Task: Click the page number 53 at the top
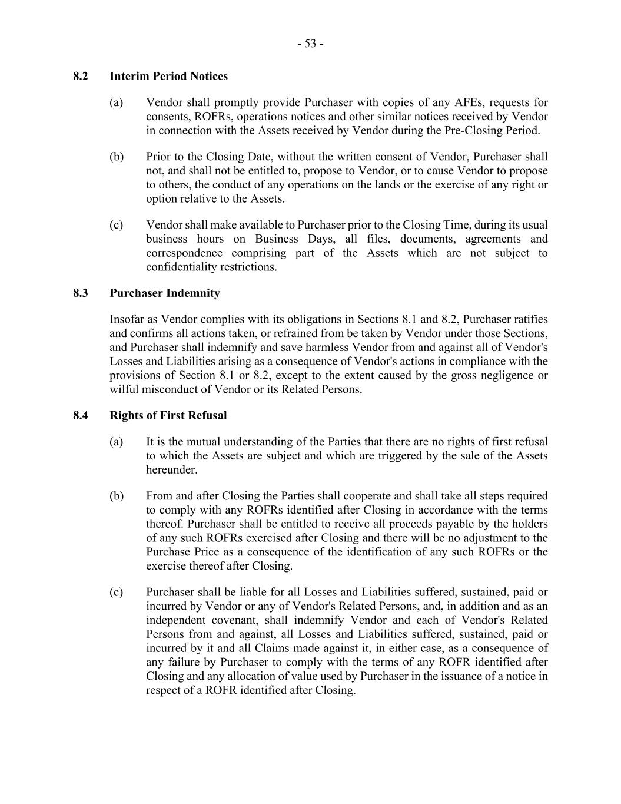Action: (x=310, y=44)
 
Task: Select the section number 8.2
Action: (x=81, y=77)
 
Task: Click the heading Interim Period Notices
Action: (x=168, y=77)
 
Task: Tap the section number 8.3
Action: (x=81, y=293)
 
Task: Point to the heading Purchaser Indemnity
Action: (x=165, y=293)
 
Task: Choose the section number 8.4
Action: (x=81, y=416)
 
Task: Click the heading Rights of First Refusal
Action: (x=168, y=416)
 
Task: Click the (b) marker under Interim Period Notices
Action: (x=117, y=157)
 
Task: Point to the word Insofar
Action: (x=127, y=320)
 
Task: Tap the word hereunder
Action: (x=171, y=470)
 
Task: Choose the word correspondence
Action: (x=184, y=253)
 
